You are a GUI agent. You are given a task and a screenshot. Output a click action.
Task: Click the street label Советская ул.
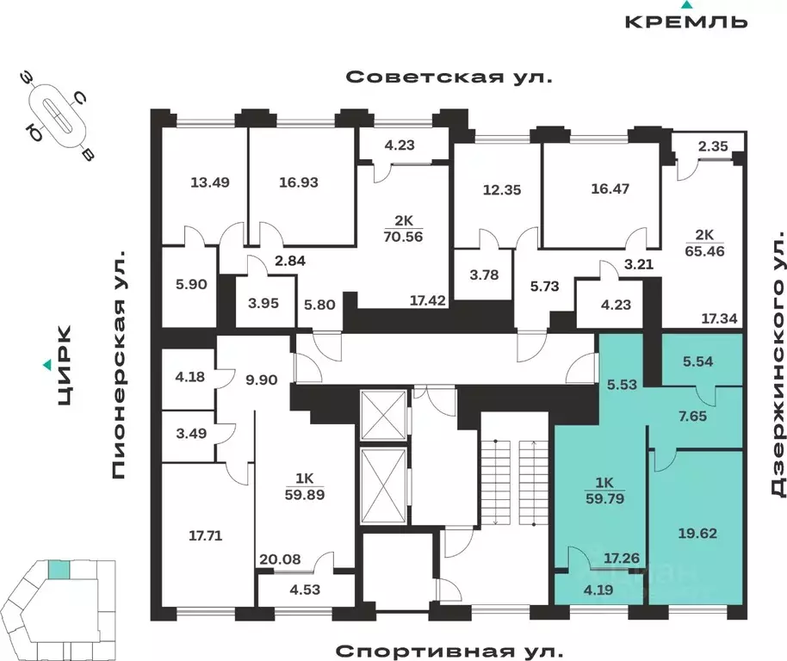[x=448, y=77]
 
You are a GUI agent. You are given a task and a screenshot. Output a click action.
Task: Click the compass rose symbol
[x=58, y=118]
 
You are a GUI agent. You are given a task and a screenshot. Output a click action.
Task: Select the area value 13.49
[x=210, y=182]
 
